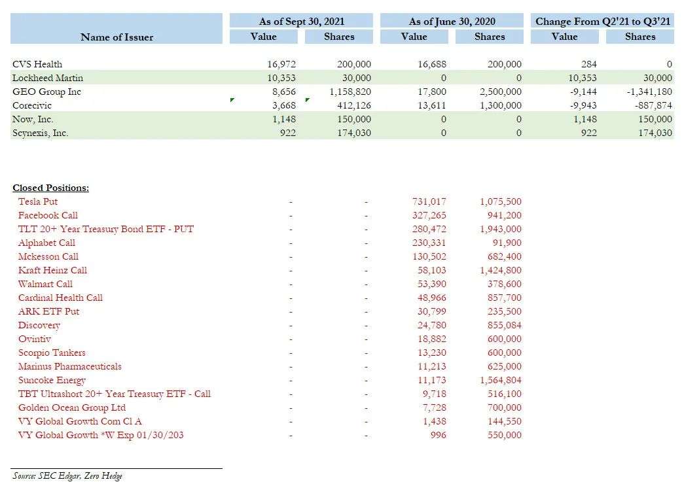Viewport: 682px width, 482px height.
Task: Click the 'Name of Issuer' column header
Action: click(x=117, y=37)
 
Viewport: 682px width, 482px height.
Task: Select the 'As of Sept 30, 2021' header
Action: click(x=301, y=21)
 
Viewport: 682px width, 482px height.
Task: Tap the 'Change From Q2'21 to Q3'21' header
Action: click(x=602, y=21)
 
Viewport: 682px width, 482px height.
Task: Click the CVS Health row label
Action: click(x=37, y=64)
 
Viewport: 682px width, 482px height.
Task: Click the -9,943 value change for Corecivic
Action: click(x=583, y=105)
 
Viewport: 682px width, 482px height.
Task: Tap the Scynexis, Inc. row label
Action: click(x=40, y=133)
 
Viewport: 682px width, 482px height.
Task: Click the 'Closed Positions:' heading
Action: click(x=50, y=188)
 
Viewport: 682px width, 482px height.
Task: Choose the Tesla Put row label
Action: click(x=38, y=201)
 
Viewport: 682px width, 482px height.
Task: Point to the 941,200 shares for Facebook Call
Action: click(x=505, y=215)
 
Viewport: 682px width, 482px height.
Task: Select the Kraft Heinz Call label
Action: click(x=52, y=270)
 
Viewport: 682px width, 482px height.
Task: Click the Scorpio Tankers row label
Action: click(x=52, y=353)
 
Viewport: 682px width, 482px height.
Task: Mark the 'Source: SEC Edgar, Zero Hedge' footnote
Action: click(x=67, y=475)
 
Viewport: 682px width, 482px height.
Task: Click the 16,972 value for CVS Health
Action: click(x=281, y=64)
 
